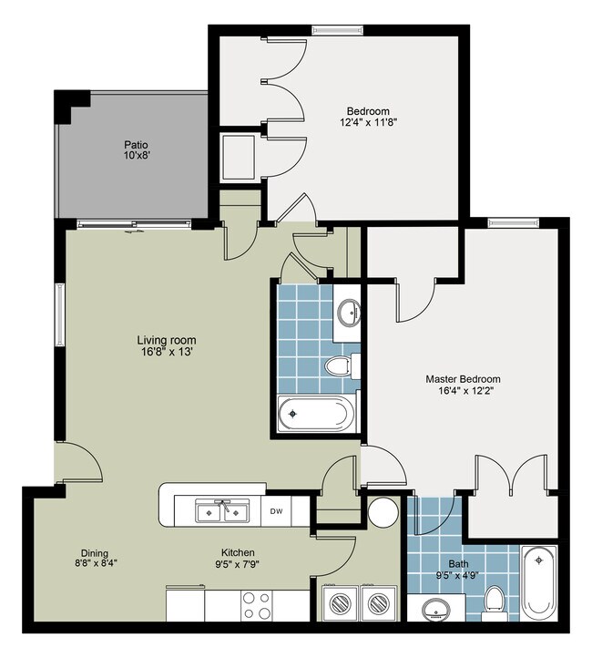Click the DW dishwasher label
276,511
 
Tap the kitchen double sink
222,510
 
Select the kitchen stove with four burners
257,605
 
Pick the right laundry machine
379,602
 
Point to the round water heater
383,513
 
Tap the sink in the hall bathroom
349,313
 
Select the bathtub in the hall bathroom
313,414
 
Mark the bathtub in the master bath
539,583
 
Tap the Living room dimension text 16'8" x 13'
167,352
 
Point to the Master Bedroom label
463,379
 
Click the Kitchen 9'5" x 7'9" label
238,559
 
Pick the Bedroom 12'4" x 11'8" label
368,117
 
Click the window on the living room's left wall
60,314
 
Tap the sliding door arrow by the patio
132,231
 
